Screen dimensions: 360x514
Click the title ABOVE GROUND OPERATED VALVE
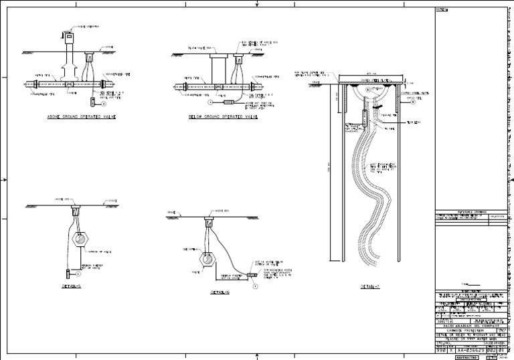[82, 117]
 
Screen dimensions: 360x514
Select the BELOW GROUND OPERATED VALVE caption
[224, 117]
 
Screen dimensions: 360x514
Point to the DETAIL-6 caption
[220, 292]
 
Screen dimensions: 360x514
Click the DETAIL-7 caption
[371, 286]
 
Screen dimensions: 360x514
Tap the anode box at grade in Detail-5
[75, 200]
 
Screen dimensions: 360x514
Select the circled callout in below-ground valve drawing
[209, 103]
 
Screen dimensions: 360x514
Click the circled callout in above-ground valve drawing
[104, 104]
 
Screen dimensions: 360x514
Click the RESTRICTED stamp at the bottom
[467, 357]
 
